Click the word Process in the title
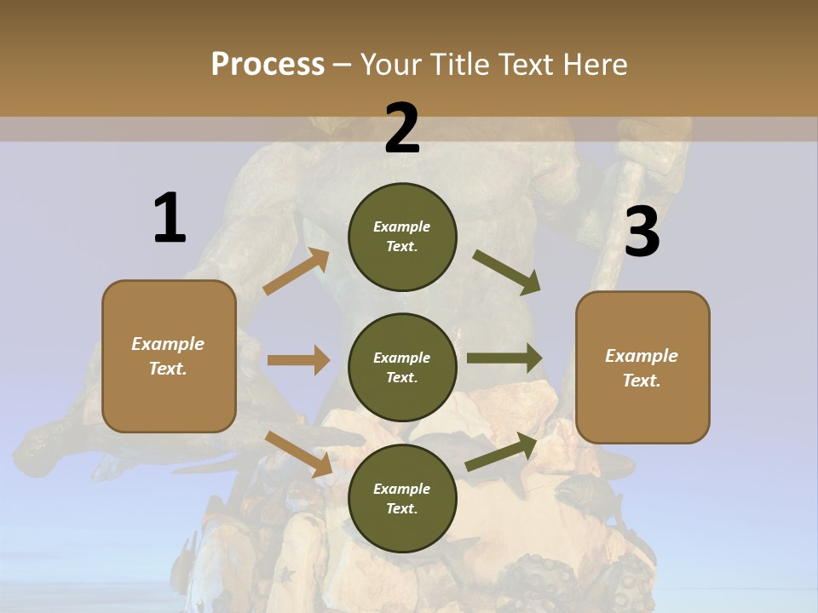tap(268, 65)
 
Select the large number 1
tap(170, 218)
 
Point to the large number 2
tap(402, 129)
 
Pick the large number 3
tap(642, 232)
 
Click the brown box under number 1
tap(169, 356)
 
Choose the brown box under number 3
tap(642, 368)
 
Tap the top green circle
tap(402, 237)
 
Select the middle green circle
tap(402, 368)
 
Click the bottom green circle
tap(402, 499)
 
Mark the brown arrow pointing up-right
tap(297, 272)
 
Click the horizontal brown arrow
tap(298, 360)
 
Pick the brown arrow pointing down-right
tap(299, 453)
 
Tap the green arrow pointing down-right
tap(507, 272)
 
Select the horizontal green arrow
tap(504, 358)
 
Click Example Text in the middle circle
tap(402, 368)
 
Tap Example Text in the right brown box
tap(642, 368)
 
